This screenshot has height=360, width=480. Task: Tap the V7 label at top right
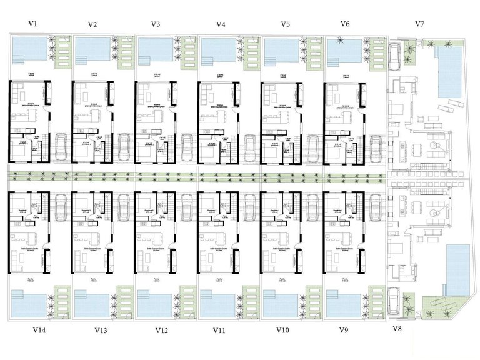(421, 24)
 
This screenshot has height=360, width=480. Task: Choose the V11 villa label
(219, 329)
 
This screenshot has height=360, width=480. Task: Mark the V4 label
(221, 25)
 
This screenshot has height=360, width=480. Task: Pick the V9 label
(342, 329)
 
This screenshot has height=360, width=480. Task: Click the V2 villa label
(92, 25)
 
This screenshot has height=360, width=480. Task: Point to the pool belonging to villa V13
(91, 304)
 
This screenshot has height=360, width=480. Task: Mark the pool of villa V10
(280, 304)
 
